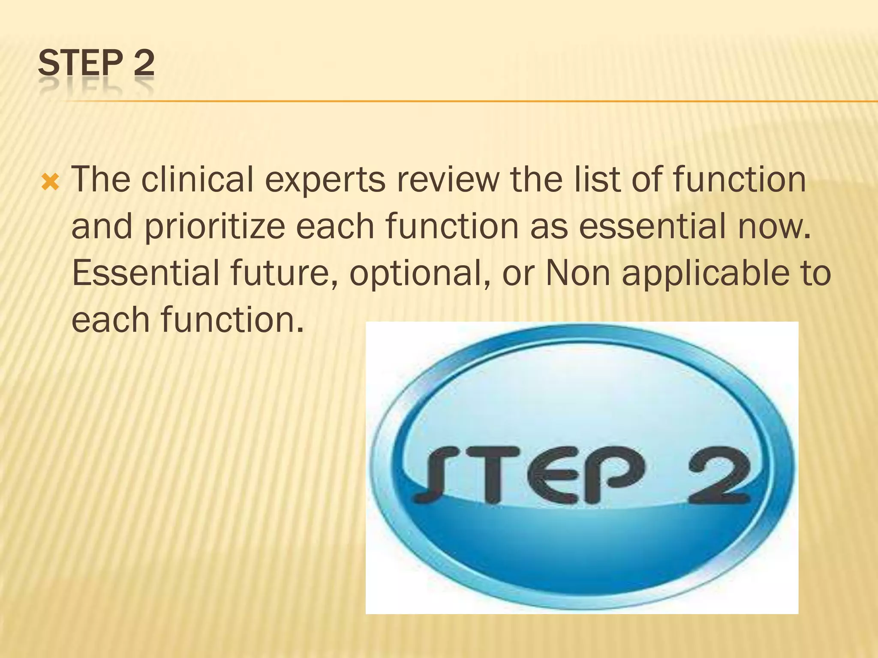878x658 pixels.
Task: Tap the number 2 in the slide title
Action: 144,63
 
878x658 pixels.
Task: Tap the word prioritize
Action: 215,227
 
